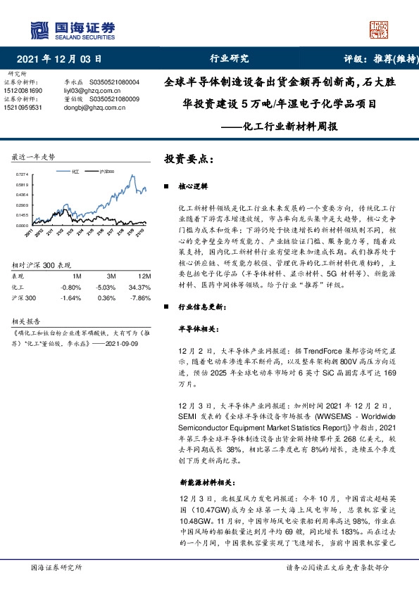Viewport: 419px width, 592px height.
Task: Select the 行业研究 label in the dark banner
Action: (230, 59)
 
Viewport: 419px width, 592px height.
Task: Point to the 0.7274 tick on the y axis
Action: (22, 174)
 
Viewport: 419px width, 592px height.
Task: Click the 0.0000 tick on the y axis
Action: (22, 225)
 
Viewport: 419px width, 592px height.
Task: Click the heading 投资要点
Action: (189, 159)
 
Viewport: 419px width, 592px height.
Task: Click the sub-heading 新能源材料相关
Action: (212, 484)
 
